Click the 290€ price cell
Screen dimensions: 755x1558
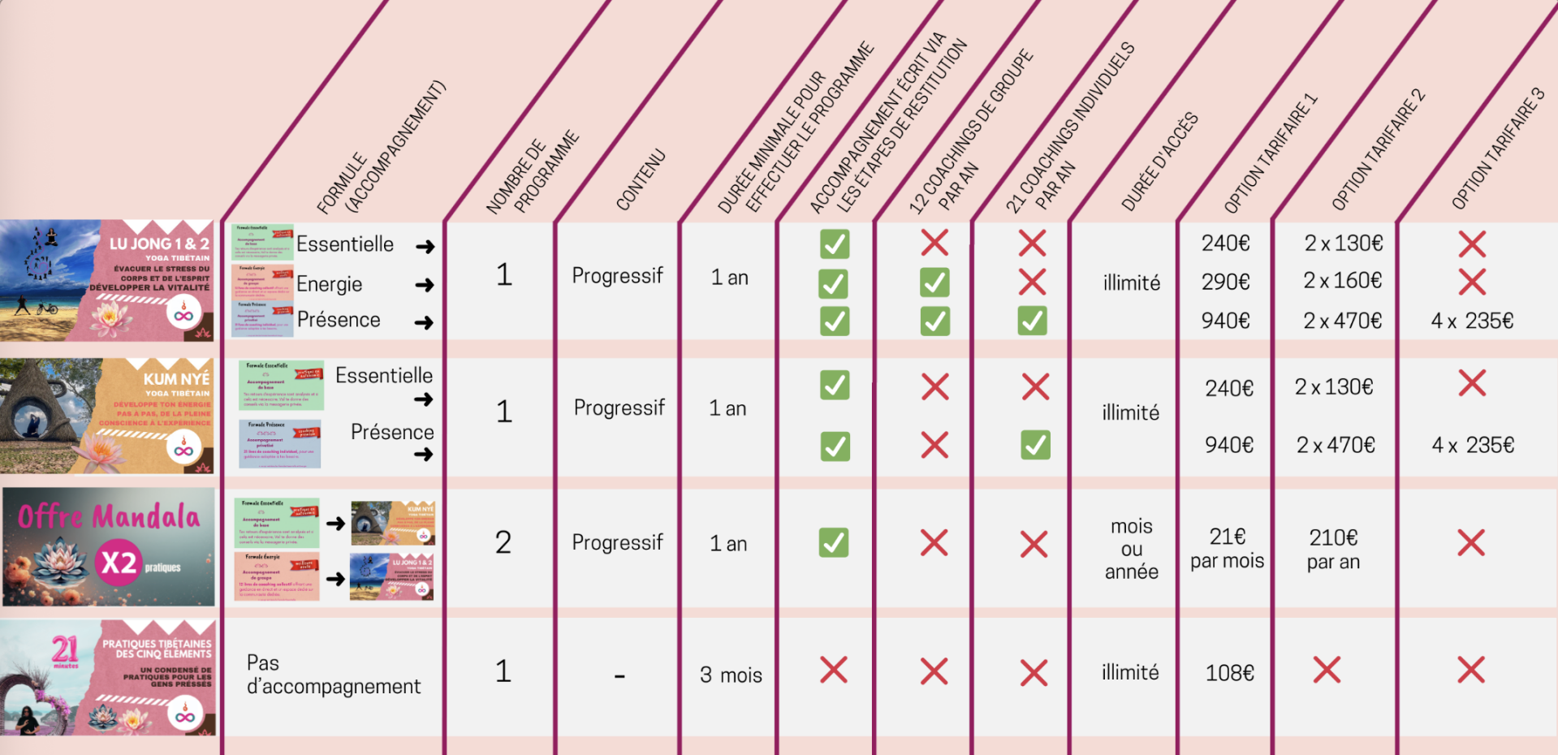[1225, 282]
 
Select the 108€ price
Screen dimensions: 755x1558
[1229, 673]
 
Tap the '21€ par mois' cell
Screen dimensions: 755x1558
[1227, 548]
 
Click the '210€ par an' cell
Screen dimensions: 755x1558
[1333, 549]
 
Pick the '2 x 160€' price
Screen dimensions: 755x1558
[1342, 281]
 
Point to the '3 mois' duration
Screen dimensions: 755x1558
[731, 675]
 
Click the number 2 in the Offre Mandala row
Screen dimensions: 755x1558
[503, 542]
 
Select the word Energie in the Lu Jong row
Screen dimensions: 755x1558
[329, 284]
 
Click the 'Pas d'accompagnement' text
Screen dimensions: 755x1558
[333, 675]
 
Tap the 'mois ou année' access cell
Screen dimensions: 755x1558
[1131, 549]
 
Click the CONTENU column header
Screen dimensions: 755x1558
[641, 179]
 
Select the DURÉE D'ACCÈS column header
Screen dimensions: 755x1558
[1159, 162]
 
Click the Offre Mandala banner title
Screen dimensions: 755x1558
[109, 517]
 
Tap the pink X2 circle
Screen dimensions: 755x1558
[119, 563]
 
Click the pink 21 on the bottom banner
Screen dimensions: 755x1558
[65, 649]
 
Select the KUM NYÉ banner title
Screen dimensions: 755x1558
[176, 379]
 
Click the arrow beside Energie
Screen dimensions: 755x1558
[425, 285]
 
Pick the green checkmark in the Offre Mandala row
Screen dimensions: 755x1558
[834, 542]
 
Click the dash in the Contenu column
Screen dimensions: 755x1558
[619, 675]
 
